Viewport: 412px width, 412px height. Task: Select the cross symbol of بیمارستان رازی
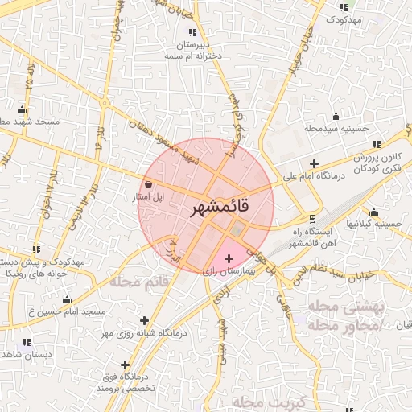tap(229, 258)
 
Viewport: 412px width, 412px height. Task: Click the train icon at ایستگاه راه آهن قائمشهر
tap(312, 218)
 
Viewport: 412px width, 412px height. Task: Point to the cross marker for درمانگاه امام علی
tap(313, 163)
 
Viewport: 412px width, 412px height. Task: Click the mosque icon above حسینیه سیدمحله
tap(335, 115)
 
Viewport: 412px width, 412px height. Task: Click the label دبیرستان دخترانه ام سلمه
tap(192, 51)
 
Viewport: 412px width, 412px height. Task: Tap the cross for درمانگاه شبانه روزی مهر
tap(144, 320)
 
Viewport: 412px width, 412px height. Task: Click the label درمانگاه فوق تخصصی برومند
tap(124, 382)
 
